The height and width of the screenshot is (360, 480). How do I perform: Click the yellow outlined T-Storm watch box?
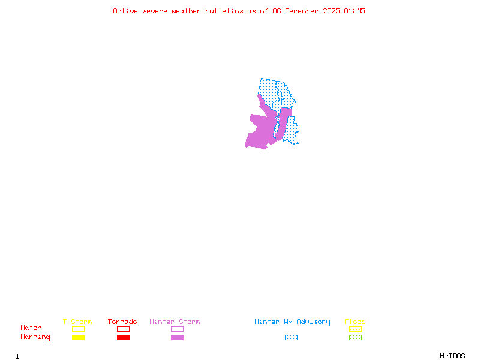click(x=78, y=329)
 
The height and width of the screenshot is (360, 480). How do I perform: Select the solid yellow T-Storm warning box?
click(x=78, y=338)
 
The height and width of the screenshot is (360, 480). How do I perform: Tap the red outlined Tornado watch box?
click(x=123, y=329)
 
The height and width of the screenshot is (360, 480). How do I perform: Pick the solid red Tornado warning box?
click(x=123, y=338)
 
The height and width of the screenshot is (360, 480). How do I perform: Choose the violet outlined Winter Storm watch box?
click(x=177, y=329)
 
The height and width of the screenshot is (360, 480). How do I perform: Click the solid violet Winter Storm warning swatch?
click(x=177, y=338)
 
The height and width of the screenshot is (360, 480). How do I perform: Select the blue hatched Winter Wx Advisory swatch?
click(x=291, y=338)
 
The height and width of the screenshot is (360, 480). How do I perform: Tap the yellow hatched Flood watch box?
click(x=355, y=329)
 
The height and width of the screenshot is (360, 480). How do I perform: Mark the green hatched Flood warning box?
click(x=355, y=338)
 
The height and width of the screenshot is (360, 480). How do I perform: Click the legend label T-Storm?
click(x=77, y=322)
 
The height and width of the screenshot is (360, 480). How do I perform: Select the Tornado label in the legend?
click(x=122, y=322)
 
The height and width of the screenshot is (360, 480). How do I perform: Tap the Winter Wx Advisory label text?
click(x=292, y=322)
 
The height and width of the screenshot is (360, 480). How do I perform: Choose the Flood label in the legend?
click(x=355, y=322)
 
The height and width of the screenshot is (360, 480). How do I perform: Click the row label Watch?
click(x=31, y=328)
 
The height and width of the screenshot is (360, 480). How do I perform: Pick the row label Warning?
click(x=35, y=337)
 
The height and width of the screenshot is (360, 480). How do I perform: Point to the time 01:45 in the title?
click(x=355, y=11)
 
